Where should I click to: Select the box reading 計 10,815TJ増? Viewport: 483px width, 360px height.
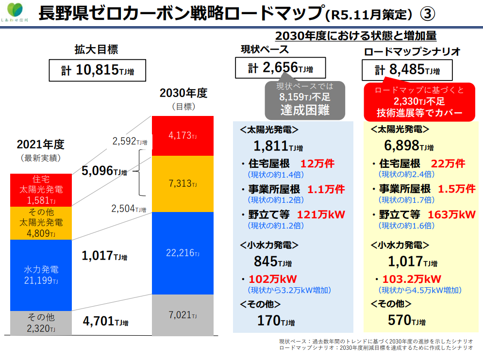coord(98,71)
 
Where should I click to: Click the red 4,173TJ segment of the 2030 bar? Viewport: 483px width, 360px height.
coord(183,135)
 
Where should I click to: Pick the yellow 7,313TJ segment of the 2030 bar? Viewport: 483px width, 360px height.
coord(183,184)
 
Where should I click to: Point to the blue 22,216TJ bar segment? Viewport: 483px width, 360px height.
coord(183,253)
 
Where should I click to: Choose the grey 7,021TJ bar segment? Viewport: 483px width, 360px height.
coord(183,315)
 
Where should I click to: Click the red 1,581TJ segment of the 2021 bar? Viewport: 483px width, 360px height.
coord(41,190)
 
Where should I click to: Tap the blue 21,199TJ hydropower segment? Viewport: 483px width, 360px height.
coord(41,275)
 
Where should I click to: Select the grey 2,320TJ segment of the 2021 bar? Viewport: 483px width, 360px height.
coord(41,323)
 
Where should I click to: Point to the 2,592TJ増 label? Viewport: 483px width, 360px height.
coord(129,141)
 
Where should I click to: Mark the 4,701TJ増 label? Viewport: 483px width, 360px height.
coord(105,321)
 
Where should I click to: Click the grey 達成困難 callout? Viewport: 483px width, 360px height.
coord(304,100)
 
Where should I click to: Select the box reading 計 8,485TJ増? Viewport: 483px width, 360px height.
coord(407,70)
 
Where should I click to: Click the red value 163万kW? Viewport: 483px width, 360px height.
coord(451,214)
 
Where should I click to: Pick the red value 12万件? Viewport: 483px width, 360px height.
coord(317,164)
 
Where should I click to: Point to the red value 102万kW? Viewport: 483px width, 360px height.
coord(272,279)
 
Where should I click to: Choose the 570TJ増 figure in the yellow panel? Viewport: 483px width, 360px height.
coord(406,320)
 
